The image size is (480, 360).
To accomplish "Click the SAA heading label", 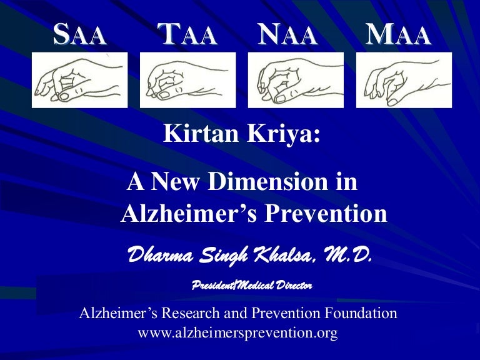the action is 79,34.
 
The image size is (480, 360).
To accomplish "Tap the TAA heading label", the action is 187,34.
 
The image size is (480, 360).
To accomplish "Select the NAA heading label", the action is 287,34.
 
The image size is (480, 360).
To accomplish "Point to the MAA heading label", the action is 399,34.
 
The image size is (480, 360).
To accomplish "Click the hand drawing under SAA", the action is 79,80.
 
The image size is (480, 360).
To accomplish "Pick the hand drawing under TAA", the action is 187,80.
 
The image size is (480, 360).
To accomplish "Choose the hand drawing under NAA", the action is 296,80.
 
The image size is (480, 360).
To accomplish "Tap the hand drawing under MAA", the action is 404,80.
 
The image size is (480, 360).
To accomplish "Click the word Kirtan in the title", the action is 201,134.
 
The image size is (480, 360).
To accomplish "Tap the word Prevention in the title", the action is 326,213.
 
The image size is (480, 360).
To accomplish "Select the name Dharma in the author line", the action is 161,255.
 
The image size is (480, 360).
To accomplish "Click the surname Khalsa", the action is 283,255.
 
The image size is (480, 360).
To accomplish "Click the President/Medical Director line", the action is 252,285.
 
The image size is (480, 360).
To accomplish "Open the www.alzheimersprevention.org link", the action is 238,332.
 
